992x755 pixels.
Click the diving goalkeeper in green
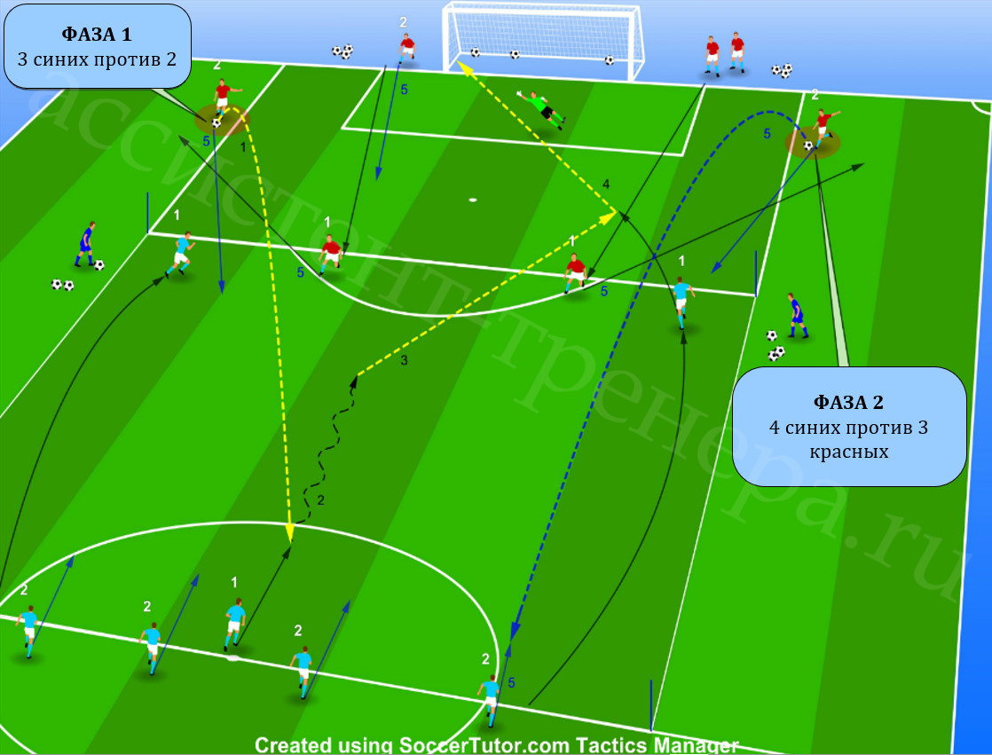(x=541, y=109)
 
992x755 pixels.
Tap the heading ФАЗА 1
(x=97, y=34)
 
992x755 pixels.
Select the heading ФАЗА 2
(x=848, y=402)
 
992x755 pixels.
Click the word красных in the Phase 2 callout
(x=849, y=452)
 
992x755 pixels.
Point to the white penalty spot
(x=473, y=201)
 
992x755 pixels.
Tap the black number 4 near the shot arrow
(x=606, y=185)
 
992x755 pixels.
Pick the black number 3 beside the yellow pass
(x=405, y=360)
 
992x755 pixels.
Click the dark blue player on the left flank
(x=85, y=244)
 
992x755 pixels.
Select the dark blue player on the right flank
(x=797, y=315)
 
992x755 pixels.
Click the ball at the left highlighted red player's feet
(x=217, y=122)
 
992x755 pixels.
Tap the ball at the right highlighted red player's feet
(x=808, y=145)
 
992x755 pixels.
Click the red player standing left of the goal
(x=406, y=48)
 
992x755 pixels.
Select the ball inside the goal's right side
(x=609, y=60)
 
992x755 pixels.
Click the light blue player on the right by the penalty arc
(x=682, y=303)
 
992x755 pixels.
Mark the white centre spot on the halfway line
(x=233, y=658)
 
